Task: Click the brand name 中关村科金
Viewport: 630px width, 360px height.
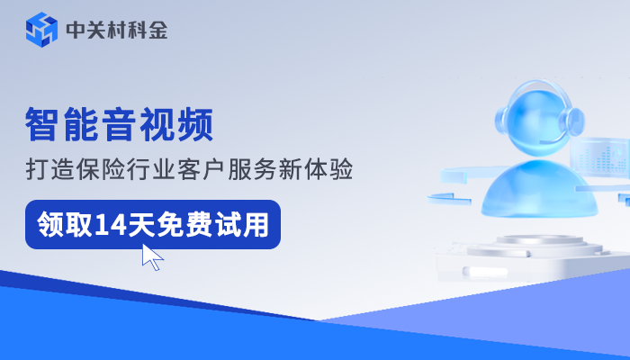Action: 116,30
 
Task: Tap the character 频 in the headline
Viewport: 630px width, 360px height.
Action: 195,125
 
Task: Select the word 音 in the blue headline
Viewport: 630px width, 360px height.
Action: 120,125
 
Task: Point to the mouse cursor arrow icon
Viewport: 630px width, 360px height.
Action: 152,256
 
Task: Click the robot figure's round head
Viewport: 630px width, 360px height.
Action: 537,112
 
